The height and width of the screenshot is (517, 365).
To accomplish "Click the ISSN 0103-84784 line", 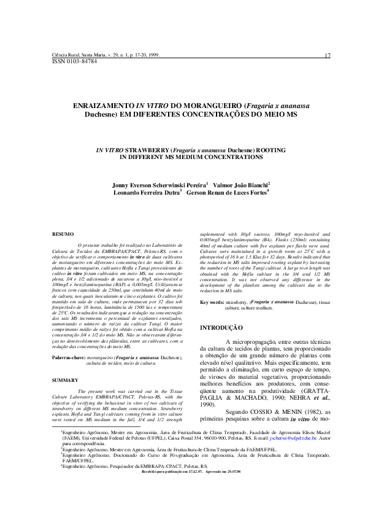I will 72,62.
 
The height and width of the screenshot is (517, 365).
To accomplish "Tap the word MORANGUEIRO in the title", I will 207,106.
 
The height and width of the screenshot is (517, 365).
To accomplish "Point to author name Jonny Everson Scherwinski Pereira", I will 159,184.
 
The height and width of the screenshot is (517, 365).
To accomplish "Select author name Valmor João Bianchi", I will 243,184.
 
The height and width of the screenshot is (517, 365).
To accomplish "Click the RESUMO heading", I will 63,234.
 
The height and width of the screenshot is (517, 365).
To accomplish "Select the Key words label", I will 212,303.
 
